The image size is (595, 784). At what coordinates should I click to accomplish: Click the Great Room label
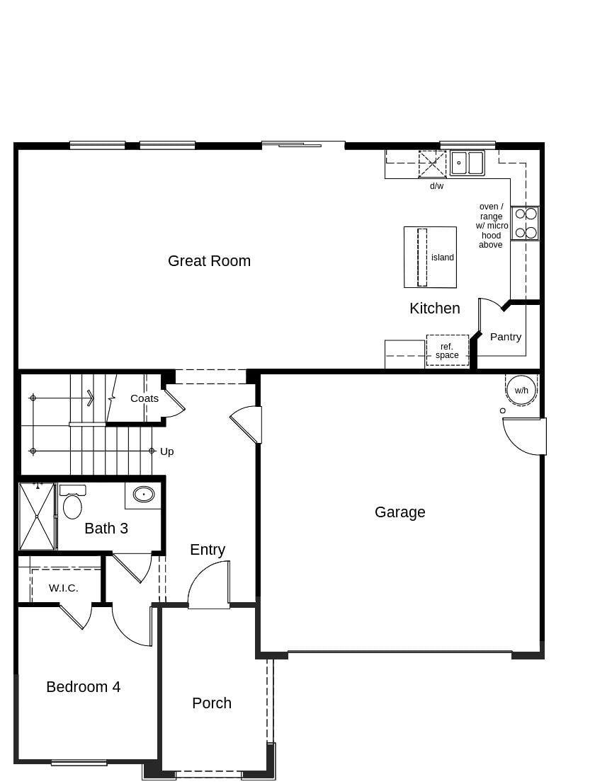209,261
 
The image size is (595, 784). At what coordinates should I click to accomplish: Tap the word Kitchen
434,309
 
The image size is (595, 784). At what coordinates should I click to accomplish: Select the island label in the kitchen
443,258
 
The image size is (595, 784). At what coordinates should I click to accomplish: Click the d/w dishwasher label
436,186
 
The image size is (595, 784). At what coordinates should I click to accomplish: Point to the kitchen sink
467,163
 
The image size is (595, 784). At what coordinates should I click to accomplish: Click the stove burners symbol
526,223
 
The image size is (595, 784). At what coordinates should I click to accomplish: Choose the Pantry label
506,337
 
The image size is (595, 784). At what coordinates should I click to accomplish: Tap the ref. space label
447,351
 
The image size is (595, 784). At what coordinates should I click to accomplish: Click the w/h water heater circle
521,390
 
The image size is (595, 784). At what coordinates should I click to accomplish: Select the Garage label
400,512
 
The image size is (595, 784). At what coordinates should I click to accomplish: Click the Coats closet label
144,398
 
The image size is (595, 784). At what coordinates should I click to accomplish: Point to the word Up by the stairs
166,451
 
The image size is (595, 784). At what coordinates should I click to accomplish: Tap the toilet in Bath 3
72,505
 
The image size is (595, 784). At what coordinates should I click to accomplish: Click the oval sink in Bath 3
144,494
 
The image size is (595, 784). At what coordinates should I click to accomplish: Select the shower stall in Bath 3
37,517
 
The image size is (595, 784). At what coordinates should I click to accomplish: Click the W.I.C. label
64,588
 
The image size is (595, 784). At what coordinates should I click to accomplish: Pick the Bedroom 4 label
84,687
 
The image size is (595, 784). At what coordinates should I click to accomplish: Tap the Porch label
212,703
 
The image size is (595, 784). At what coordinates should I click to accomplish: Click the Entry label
208,550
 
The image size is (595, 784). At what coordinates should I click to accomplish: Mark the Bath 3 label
106,529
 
